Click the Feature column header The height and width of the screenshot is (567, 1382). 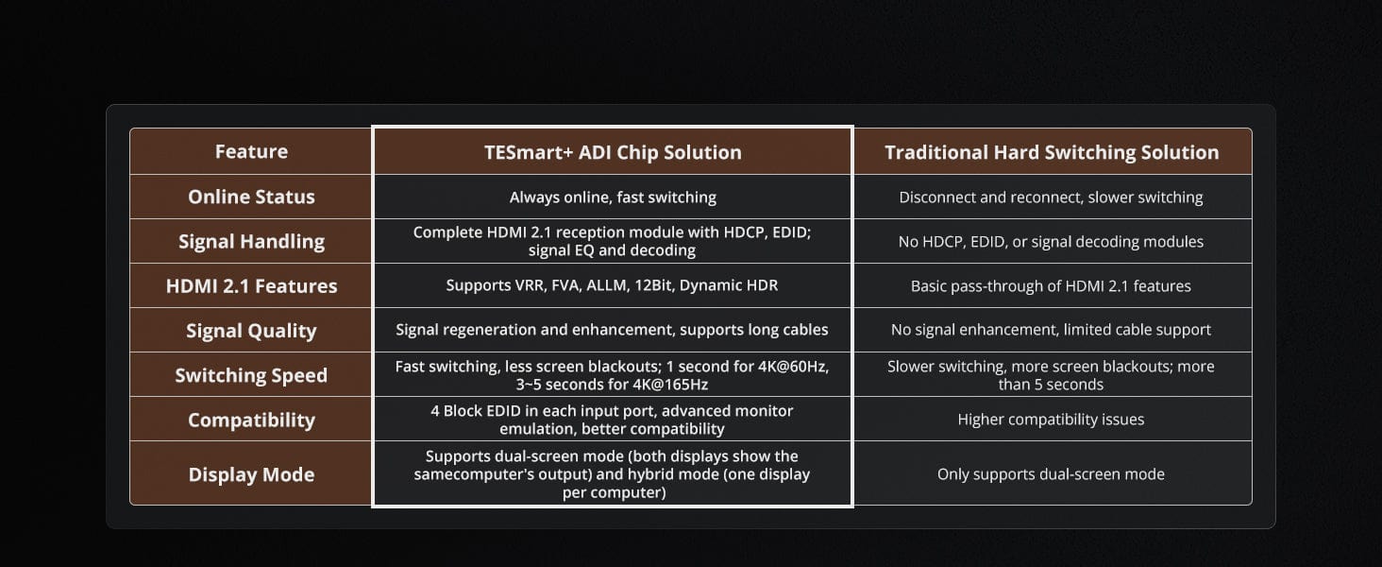point(251,152)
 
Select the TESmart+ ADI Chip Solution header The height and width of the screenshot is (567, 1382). point(613,152)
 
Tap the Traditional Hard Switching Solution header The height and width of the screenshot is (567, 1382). point(1052,152)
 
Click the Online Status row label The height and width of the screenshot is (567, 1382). point(251,197)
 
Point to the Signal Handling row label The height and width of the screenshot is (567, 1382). point(251,242)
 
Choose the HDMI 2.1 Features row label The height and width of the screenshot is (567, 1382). point(251,286)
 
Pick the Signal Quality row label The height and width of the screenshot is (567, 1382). point(251,331)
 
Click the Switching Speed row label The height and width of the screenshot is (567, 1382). point(251,375)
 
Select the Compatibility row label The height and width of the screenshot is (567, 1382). point(251,420)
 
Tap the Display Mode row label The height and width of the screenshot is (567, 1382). point(251,474)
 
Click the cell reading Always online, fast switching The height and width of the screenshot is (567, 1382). point(613,198)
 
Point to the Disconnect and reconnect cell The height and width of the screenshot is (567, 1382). point(1051,198)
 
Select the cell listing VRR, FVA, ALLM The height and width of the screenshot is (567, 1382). point(612,285)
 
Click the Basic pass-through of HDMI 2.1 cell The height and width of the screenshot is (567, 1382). point(1051,286)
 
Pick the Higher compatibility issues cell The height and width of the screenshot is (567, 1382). point(1051,420)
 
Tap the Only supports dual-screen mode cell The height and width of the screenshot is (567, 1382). point(1051,474)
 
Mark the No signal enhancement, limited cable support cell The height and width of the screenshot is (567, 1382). point(1051,331)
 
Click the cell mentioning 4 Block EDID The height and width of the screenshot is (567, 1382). point(612,420)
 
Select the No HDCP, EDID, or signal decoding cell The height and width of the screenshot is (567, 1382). point(1051,242)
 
